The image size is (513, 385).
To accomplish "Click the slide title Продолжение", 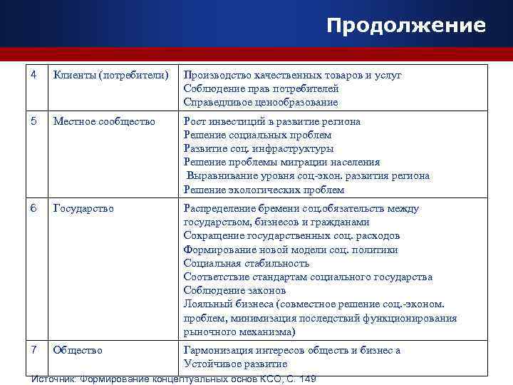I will coord(406,26).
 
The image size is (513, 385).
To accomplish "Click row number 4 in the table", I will coord(35,75).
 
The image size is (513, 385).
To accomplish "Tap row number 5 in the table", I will coord(35,122).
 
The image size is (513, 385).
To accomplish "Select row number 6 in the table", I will coord(35,209).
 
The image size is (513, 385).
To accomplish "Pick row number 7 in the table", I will coord(35,350).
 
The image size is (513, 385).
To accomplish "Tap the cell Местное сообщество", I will coord(104,122).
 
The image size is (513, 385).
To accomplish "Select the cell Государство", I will coord(83,209).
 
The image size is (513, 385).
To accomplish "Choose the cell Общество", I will coord(78,350).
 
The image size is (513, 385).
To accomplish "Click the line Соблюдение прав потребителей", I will coord(261,88).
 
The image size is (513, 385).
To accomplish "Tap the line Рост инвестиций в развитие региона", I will coord(271,122).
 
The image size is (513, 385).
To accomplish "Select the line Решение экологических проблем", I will coord(264,190).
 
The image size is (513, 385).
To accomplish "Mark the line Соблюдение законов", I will coord(234,291).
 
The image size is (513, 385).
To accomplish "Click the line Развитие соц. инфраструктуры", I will coord(258,149).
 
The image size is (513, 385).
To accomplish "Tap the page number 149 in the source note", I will coord(307,378).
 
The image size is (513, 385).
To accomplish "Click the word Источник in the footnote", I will coord(55,378).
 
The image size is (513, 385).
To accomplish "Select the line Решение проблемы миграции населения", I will coord(281,163).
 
